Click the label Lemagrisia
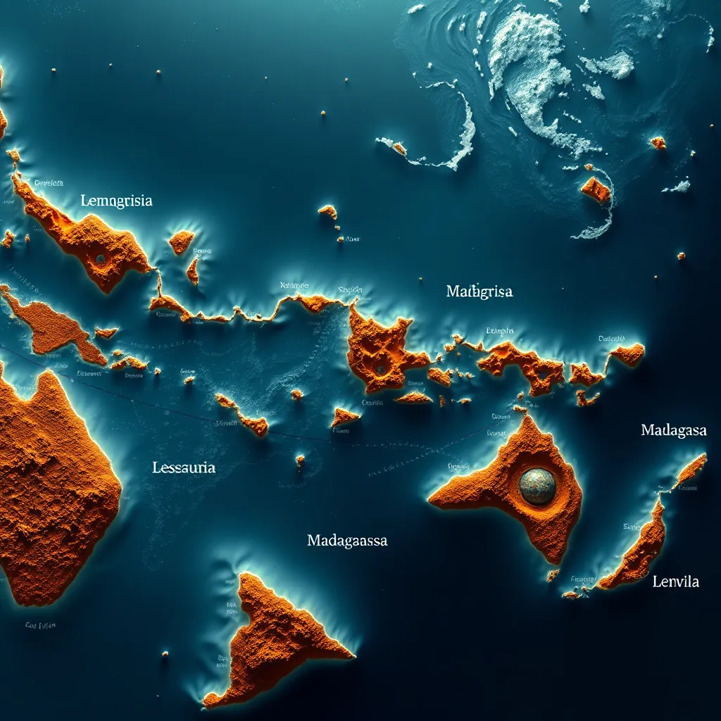click(116, 201)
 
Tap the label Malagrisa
click(479, 291)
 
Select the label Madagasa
click(673, 430)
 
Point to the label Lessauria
click(184, 467)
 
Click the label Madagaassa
click(347, 541)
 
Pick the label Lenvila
click(676, 582)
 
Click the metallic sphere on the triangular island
click(537, 486)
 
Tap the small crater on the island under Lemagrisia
click(100, 259)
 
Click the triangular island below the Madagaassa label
click(275, 637)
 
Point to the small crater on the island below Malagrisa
click(380, 368)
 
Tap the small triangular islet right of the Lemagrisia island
click(181, 242)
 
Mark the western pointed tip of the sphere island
click(431, 501)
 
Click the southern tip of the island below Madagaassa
click(208, 702)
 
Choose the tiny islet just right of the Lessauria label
click(300, 460)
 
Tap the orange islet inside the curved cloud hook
click(595, 189)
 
